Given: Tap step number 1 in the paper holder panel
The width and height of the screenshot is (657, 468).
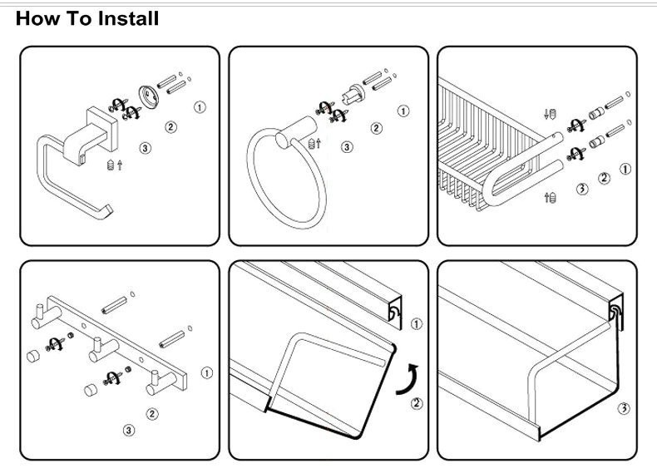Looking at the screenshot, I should [199, 107].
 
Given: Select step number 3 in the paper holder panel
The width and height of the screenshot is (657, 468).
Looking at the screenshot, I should [146, 149].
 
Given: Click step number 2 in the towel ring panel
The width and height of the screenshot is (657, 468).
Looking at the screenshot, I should [376, 128].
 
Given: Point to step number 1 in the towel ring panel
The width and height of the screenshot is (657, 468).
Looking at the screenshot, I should [403, 111].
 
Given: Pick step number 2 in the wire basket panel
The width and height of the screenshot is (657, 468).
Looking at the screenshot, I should [604, 178].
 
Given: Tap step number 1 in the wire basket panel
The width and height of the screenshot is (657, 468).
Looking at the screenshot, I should [625, 169].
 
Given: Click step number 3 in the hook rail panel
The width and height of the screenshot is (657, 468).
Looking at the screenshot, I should [129, 430].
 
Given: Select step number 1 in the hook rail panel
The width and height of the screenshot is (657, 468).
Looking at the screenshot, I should [206, 373].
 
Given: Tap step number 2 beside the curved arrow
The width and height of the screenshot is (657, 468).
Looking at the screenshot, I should [417, 404].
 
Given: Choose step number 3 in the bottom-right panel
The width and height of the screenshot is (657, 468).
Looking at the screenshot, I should [624, 409].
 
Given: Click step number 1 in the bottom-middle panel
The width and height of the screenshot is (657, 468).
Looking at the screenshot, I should [417, 323].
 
